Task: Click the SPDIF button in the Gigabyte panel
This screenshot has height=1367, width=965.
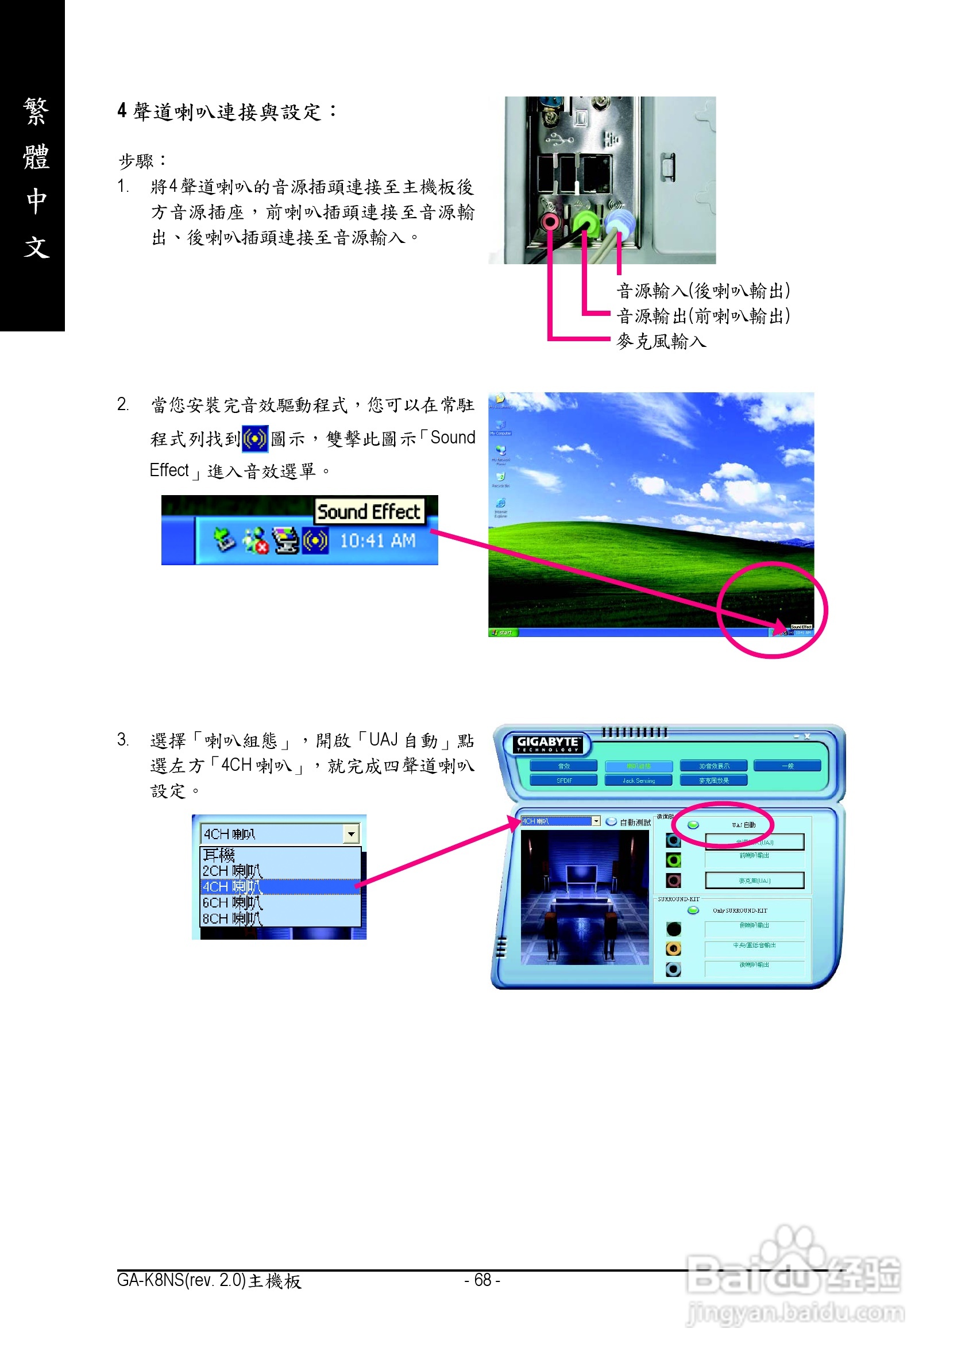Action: pos(563,780)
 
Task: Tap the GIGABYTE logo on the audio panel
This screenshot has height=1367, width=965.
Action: pos(547,743)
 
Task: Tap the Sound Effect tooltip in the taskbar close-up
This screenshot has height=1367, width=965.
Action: pos(369,511)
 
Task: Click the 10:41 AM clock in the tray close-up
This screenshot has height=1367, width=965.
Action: pos(377,540)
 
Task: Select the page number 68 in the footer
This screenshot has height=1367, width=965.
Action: pos(482,1280)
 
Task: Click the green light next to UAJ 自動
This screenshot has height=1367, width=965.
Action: pos(693,825)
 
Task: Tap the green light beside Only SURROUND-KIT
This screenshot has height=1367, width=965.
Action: pos(693,910)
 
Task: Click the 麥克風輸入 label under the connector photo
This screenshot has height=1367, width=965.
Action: pos(661,341)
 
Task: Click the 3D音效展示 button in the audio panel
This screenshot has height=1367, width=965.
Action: pos(714,766)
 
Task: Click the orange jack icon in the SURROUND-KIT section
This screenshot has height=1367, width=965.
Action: pos(673,948)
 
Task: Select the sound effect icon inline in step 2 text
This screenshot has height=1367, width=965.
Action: pos(255,439)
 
